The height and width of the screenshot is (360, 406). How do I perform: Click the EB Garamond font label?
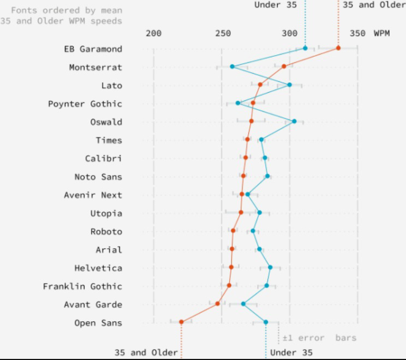click(93, 49)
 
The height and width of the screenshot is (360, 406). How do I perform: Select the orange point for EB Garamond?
click(338, 48)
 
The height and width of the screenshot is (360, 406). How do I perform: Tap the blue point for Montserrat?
click(232, 67)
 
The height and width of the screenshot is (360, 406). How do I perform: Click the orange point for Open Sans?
click(181, 322)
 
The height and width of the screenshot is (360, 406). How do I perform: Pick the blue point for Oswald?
click(294, 121)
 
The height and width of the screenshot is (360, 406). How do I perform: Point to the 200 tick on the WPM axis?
click(154, 33)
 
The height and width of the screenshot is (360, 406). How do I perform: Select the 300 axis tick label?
click(290, 33)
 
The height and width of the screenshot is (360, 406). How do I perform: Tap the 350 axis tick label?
click(358, 33)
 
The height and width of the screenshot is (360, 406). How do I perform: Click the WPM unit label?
click(382, 33)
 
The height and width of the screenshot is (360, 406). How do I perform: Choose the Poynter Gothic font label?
click(85, 104)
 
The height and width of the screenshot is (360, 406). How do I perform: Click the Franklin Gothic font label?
click(83, 286)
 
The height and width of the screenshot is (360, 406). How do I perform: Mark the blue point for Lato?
click(289, 85)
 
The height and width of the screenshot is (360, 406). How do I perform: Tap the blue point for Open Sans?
click(266, 322)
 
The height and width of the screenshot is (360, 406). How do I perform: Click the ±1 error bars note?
click(319, 338)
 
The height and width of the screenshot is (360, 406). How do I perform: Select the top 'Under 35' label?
click(276, 5)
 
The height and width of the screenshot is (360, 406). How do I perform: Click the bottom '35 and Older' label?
click(146, 352)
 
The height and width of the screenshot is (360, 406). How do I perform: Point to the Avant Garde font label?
click(93, 304)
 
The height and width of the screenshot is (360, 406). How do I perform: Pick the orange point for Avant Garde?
click(218, 303)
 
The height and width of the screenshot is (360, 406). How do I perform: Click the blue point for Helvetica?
click(270, 267)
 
